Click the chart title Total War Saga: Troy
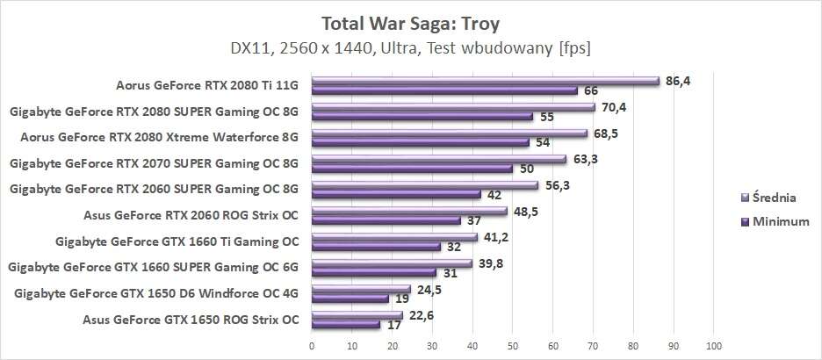[x=410, y=21]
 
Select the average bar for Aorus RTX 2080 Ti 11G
[x=485, y=82]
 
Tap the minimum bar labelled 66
[x=444, y=90]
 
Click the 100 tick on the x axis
[x=713, y=345]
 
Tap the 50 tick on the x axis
[x=513, y=345]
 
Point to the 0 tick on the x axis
[x=312, y=345]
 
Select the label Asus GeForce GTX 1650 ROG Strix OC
[x=191, y=320]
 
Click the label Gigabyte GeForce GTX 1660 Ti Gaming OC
[x=177, y=241]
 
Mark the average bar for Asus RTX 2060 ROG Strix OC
[x=409, y=212]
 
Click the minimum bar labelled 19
[x=350, y=298]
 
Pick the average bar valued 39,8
[x=392, y=263]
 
